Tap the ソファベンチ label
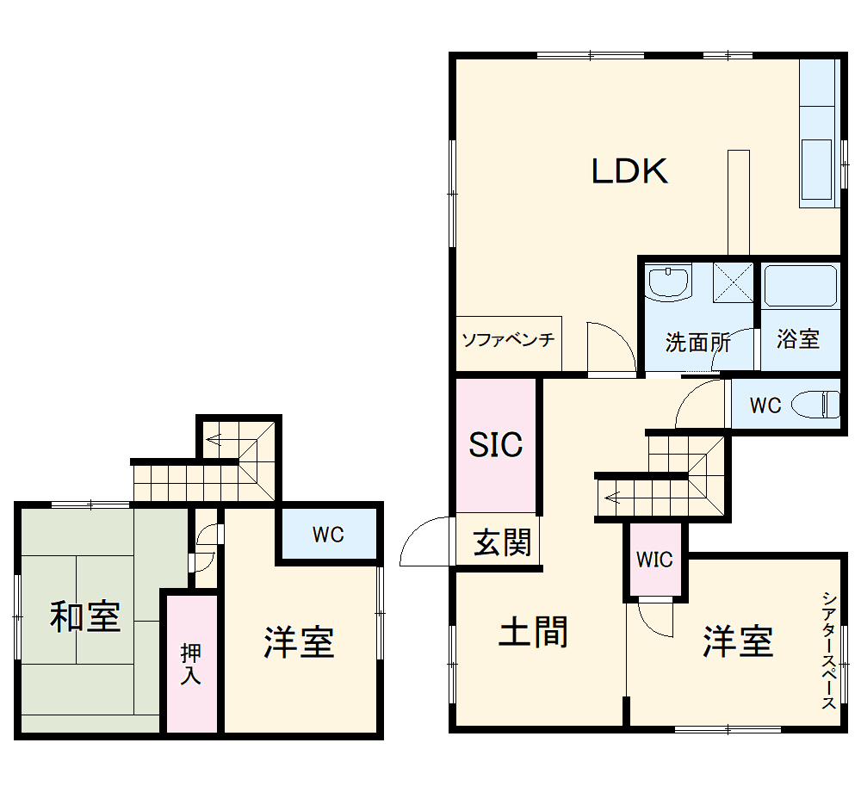[x=507, y=339]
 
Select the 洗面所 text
[x=697, y=342]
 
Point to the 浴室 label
[x=797, y=338]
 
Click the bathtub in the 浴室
[x=801, y=287]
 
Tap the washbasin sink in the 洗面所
[x=669, y=282]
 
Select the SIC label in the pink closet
[x=496, y=444]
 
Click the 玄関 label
[x=502, y=543]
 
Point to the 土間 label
[x=534, y=633]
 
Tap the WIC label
[x=654, y=560]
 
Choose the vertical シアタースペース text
[x=828, y=650]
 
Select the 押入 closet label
[x=190, y=664]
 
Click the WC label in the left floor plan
[x=328, y=535]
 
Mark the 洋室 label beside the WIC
[x=738, y=641]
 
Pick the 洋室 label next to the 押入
[x=299, y=642]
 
